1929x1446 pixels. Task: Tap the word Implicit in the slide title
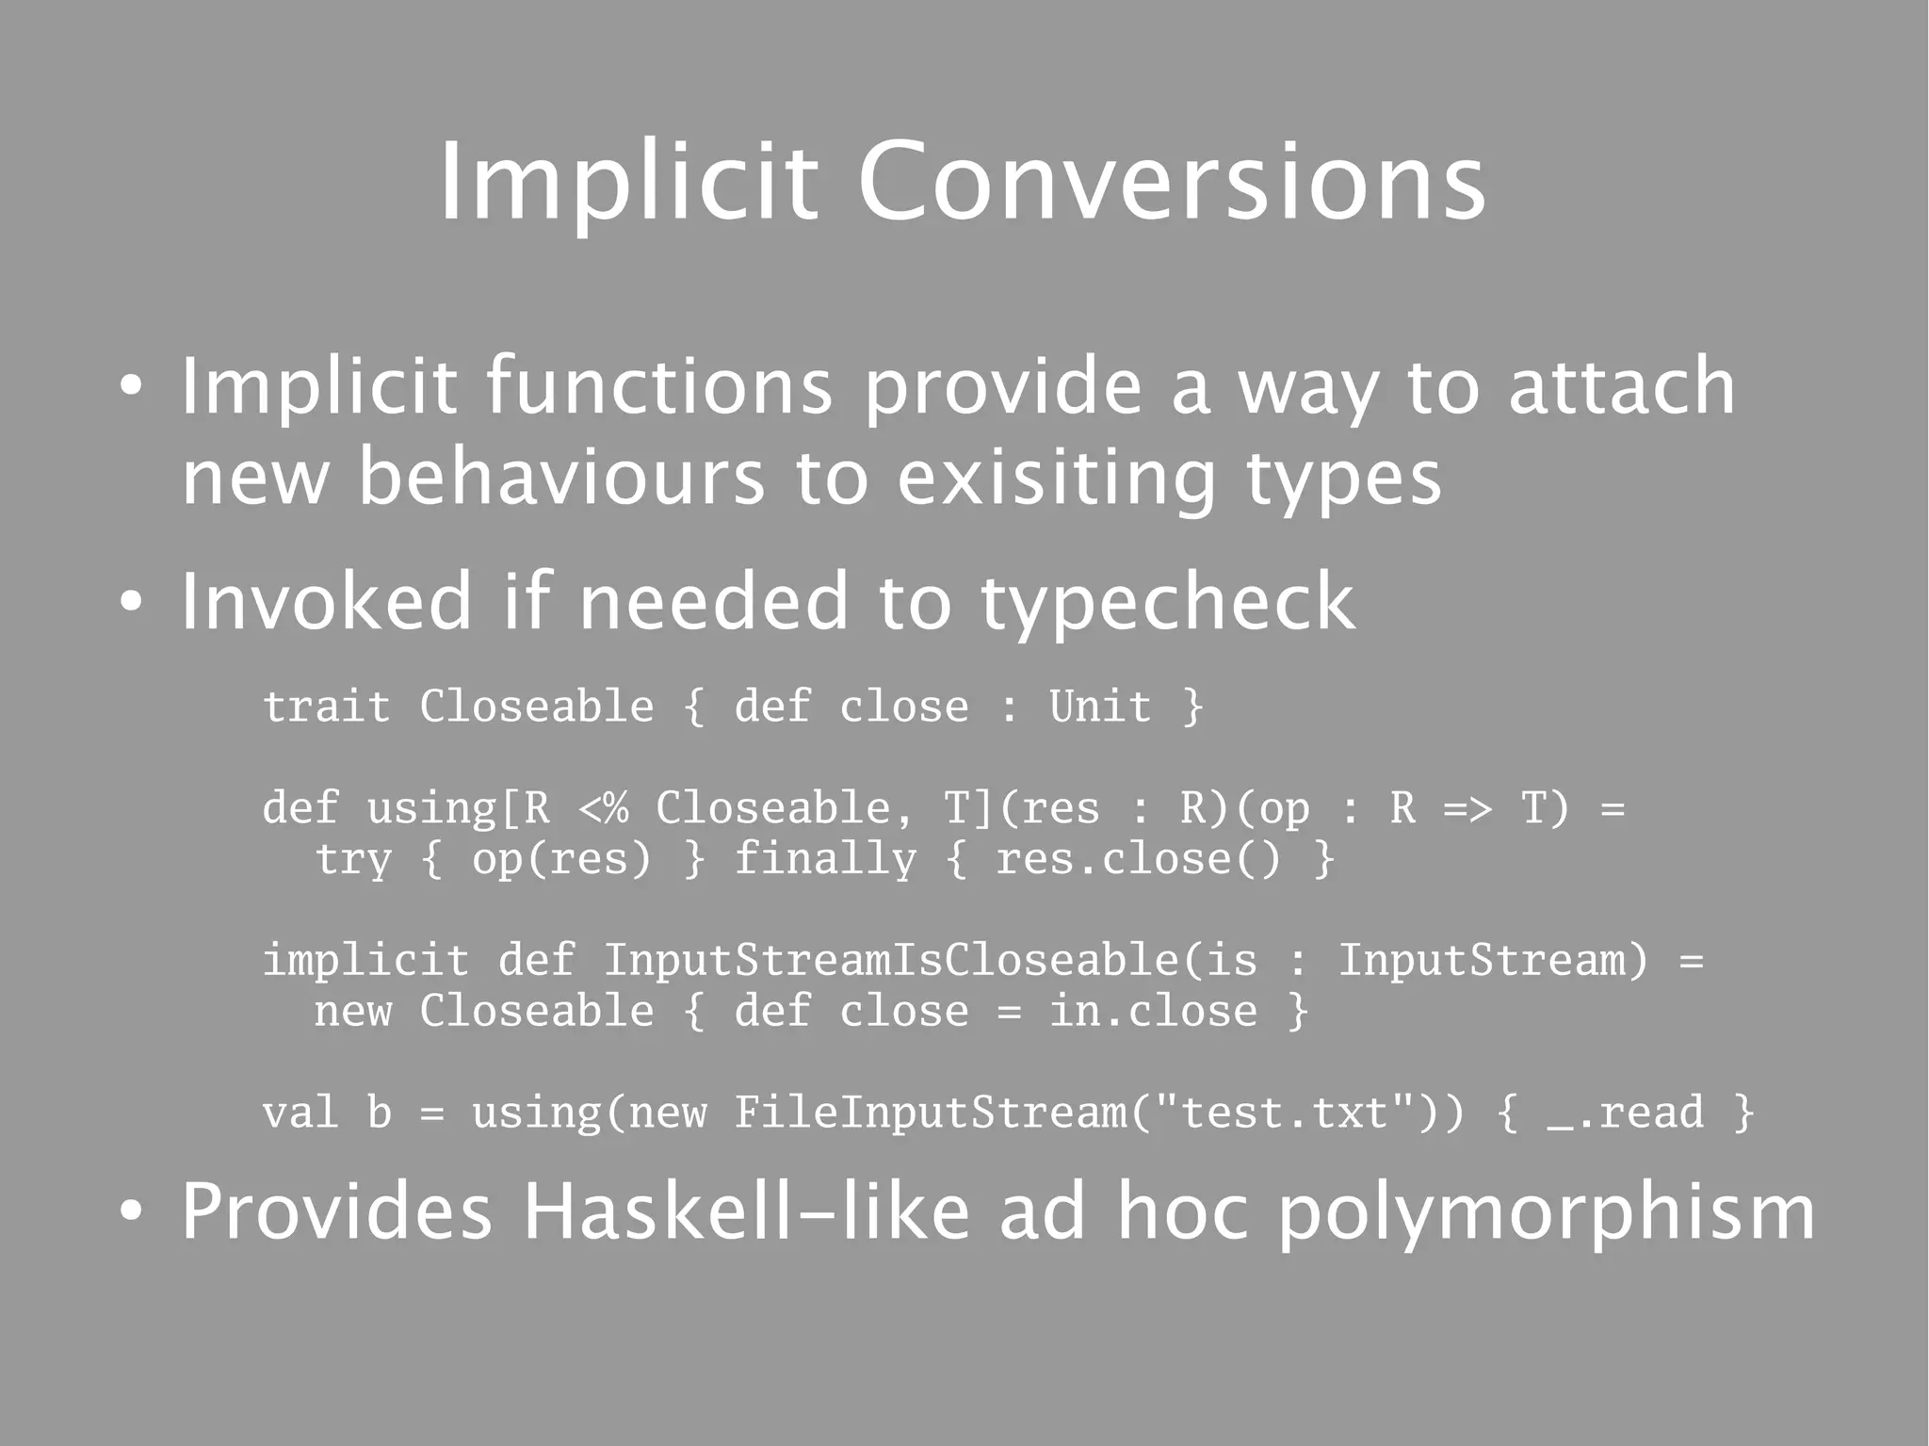click(x=628, y=181)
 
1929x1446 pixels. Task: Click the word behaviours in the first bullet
click(x=561, y=477)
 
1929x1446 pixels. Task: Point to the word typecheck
click(x=1168, y=603)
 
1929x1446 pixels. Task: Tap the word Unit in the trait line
click(x=1099, y=707)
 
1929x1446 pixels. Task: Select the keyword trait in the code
click(x=326, y=707)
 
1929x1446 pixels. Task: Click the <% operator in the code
click(x=603, y=808)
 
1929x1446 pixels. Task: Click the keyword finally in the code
click(x=824, y=859)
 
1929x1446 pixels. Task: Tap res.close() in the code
click(x=1138, y=859)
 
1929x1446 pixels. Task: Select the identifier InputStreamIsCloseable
click(x=890, y=961)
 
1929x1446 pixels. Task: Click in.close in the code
click(x=1153, y=1012)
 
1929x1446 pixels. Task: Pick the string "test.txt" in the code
click(x=1284, y=1113)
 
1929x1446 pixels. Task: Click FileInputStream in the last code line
click(x=930, y=1113)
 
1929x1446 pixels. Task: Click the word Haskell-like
click(x=745, y=1211)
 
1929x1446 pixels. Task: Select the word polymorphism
click(x=1546, y=1213)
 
